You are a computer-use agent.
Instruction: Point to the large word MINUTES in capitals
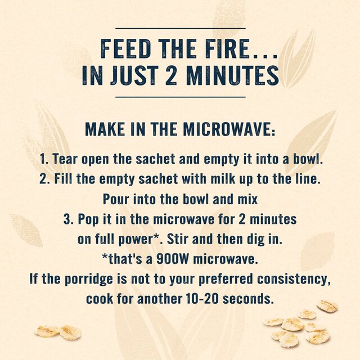(x=232, y=75)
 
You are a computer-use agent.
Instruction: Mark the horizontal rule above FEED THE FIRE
(x=180, y=29)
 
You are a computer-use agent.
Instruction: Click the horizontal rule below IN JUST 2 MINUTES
(x=180, y=97)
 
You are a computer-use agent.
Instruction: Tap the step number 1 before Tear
(x=44, y=159)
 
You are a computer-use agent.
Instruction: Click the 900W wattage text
(x=173, y=259)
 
